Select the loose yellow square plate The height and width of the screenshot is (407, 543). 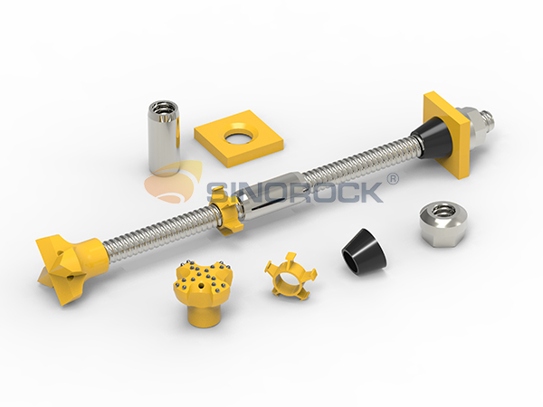pos(217,145)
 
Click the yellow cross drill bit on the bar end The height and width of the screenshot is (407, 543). pos(65,258)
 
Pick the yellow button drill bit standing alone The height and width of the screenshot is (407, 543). pos(201,289)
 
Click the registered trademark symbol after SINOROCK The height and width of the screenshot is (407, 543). pos(392,179)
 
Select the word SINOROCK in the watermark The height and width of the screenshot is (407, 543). pos(299,192)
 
